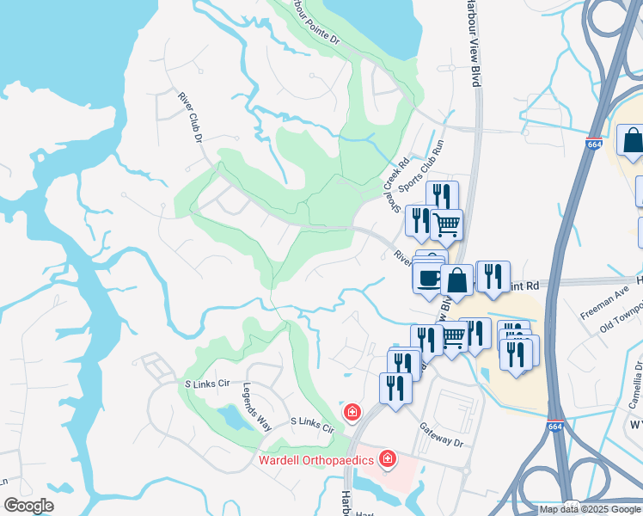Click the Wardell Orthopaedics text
(317, 460)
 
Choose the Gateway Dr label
(441, 433)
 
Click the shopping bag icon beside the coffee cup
(457, 279)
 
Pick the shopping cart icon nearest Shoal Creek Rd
(446, 224)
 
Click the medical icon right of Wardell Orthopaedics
(388, 459)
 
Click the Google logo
(28, 506)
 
